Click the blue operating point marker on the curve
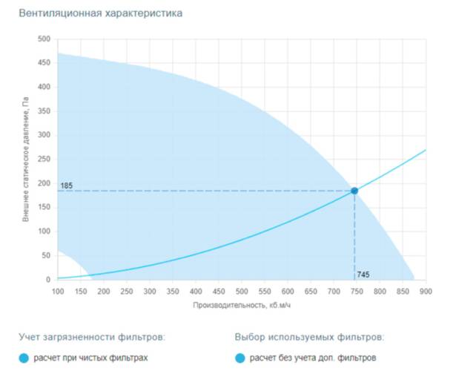(354, 191)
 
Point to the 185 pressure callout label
(67, 184)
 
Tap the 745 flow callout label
(363, 275)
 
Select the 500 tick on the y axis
(44, 39)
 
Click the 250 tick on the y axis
(44, 160)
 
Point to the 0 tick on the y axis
(48, 280)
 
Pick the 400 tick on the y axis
(44, 87)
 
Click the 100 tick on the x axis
(58, 291)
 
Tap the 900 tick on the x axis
(426, 291)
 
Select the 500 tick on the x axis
(242, 291)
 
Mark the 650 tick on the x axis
(311, 291)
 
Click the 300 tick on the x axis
(150, 291)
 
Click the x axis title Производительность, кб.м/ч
(241, 305)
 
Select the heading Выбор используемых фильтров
(310, 336)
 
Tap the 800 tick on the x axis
(380, 291)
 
